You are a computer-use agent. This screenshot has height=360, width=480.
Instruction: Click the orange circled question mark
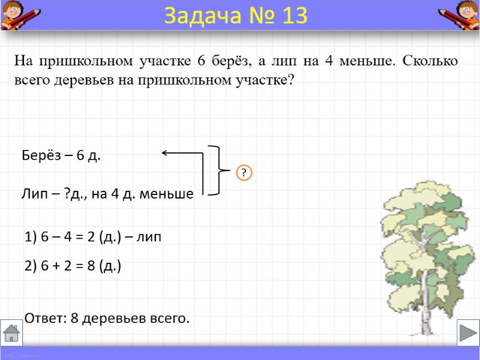pyautogui.click(x=244, y=173)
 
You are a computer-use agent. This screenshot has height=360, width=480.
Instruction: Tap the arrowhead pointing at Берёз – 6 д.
pyautogui.click(x=166, y=153)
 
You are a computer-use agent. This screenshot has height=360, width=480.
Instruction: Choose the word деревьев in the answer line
pyautogui.click(x=114, y=319)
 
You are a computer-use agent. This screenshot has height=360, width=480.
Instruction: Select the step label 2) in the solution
pyautogui.click(x=31, y=266)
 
